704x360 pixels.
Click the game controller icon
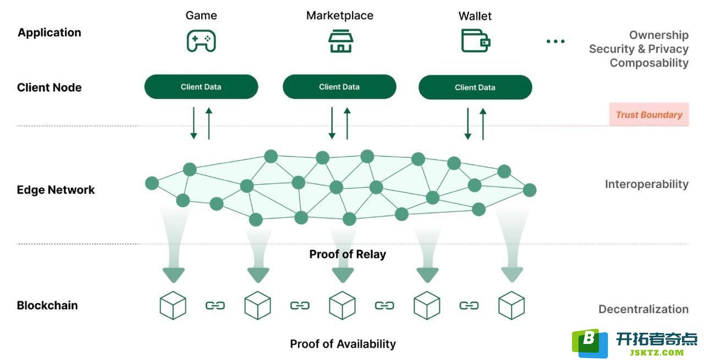(x=201, y=41)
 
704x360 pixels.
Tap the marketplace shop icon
(x=340, y=41)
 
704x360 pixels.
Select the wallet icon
(x=476, y=41)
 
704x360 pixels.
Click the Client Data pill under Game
(x=201, y=87)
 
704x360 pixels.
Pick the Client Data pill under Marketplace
(x=339, y=87)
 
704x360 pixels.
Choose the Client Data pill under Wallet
(x=475, y=87)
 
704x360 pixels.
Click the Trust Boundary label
(x=649, y=115)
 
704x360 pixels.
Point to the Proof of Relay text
(x=348, y=254)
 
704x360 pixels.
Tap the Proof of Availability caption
(x=343, y=344)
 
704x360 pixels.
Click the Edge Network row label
(x=56, y=190)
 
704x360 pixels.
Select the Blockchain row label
(x=47, y=306)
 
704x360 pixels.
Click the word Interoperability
(x=646, y=184)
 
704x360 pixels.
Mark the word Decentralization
(x=643, y=309)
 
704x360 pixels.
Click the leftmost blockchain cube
(x=173, y=306)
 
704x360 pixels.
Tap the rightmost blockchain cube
(x=512, y=306)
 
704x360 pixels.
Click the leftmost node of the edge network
(x=152, y=183)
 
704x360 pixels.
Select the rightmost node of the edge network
(x=530, y=190)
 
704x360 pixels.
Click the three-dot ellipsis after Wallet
(x=555, y=41)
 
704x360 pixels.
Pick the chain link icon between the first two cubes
(x=215, y=306)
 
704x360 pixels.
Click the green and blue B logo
(x=590, y=343)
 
